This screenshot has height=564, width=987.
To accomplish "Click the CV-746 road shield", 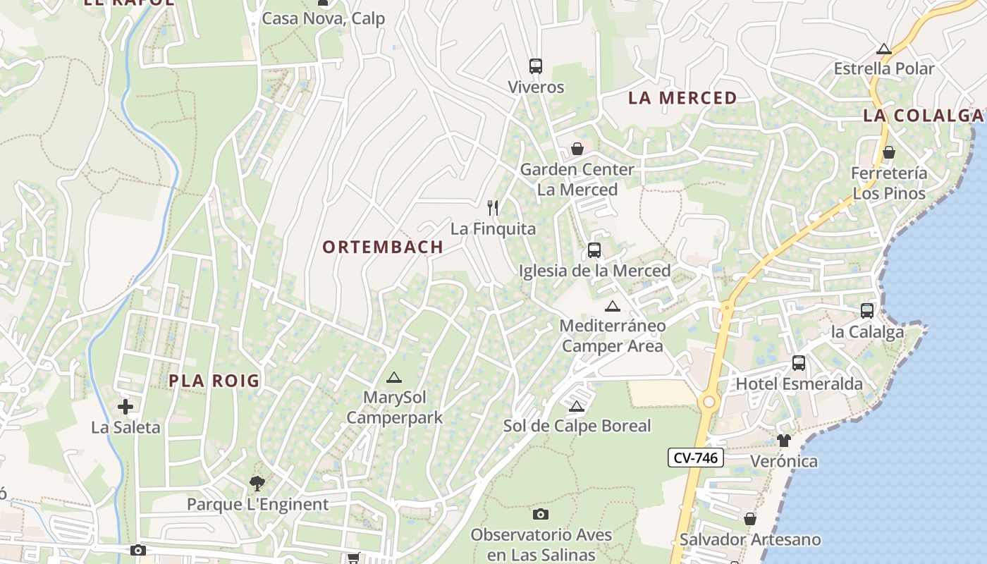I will pos(695,458).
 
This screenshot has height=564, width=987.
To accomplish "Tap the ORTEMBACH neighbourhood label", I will pos(383,247).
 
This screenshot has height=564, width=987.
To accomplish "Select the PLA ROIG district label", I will pos(214,381).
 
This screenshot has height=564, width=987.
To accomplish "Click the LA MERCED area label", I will pos(682,98).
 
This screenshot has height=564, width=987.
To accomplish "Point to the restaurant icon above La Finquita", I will pos(493,208).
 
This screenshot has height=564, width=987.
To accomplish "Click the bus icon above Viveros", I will pos(536,66).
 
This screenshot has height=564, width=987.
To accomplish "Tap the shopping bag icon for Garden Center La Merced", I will pos(577,149).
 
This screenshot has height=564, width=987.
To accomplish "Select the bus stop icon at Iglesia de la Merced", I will pos(594,250).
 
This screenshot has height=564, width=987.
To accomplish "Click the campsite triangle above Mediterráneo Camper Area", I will pos(612,306).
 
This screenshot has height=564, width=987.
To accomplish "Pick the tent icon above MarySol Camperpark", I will pos(393,377).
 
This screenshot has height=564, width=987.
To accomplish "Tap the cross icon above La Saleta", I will pos(125,407).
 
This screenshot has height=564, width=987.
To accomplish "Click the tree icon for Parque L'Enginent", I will pos(257,484).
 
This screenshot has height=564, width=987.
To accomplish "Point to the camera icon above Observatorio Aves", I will pos(541,514).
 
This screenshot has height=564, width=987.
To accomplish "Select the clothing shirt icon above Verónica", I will pos(784,441).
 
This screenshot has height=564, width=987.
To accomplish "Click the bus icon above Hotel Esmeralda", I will pos(799,363).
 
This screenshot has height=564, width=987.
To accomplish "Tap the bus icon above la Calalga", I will pos(867,310).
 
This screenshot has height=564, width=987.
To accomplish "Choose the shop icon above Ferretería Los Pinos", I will pos(889,152).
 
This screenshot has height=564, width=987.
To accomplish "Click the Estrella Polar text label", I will pos(883,69).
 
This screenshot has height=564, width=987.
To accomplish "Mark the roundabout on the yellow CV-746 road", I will pos(709,402).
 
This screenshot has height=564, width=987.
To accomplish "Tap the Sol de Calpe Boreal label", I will pos(577,426).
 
